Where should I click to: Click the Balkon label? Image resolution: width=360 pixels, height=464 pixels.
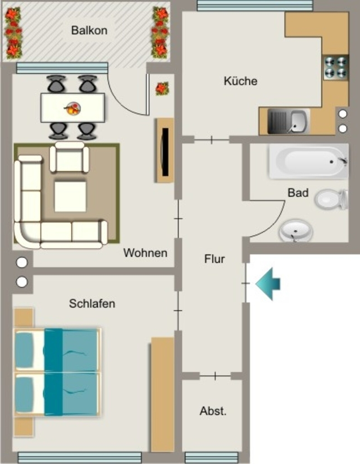[89, 30]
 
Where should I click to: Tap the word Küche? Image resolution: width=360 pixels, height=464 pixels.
[240, 81]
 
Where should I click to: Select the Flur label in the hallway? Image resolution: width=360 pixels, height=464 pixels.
[214, 259]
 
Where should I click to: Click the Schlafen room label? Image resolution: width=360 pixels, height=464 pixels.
[92, 304]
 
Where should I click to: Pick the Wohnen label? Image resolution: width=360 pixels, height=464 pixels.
[146, 253]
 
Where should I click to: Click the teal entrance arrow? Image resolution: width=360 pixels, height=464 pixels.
[268, 284]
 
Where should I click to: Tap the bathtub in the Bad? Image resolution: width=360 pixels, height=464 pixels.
[309, 162]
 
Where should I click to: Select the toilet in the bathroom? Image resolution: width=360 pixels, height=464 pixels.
[331, 199]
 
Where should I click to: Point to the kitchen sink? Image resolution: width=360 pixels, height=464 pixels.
[289, 121]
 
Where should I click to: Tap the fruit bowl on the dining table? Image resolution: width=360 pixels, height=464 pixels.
[73, 108]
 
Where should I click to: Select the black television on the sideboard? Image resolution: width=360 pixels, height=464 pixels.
[165, 152]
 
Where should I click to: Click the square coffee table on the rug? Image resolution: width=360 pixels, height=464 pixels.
[70, 196]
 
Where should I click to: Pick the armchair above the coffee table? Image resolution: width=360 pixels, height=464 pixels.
[69, 157]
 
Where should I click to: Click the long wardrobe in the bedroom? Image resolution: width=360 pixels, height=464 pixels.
[162, 394]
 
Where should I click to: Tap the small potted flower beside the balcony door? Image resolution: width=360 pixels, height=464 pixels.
[162, 88]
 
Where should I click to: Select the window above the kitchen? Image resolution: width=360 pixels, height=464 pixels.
[255, 5]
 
